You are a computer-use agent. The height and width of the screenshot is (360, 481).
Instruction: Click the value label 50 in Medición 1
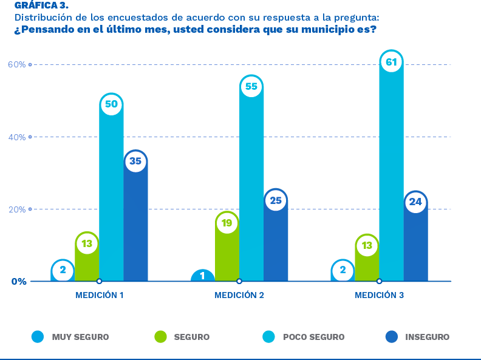click(x=111, y=104)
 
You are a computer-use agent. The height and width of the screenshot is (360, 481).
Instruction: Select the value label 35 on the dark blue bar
click(x=136, y=161)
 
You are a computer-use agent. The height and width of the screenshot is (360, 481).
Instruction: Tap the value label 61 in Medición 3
click(x=391, y=62)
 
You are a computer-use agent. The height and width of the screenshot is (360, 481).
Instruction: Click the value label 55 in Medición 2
click(x=251, y=87)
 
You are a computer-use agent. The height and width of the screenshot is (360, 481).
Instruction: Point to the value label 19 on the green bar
click(x=227, y=223)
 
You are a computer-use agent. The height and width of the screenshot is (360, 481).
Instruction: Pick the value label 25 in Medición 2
click(x=276, y=200)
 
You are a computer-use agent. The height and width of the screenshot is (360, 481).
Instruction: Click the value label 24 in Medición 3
click(x=415, y=202)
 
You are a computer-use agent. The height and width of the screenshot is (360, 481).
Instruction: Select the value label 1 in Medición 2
click(x=202, y=276)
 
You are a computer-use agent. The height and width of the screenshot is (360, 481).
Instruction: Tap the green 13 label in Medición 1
click(x=87, y=243)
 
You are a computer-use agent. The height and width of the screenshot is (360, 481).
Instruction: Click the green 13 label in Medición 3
click(x=367, y=246)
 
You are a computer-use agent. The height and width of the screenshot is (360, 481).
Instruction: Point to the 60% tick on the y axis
click(x=17, y=64)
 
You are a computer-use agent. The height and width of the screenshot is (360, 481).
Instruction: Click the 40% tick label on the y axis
click(x=17, y=137)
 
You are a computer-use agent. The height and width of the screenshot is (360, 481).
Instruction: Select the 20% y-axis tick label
click(x=17, y=209)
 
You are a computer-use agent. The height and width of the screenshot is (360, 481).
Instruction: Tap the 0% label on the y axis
click(x=18, y=282)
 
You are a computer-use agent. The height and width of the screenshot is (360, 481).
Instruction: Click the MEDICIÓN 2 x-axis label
click(x=239, y=296)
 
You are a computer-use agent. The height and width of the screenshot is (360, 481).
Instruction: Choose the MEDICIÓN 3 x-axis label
click(x=379, y=296)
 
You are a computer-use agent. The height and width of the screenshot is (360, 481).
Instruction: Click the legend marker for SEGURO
click(x=160, y=337)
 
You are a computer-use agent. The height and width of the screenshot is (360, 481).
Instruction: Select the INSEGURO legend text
click(x=428, y=337)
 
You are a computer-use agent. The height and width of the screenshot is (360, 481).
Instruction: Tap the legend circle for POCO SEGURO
click(x=268, y=337)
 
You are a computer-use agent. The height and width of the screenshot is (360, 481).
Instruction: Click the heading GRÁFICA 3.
click(x=41, y=5)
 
